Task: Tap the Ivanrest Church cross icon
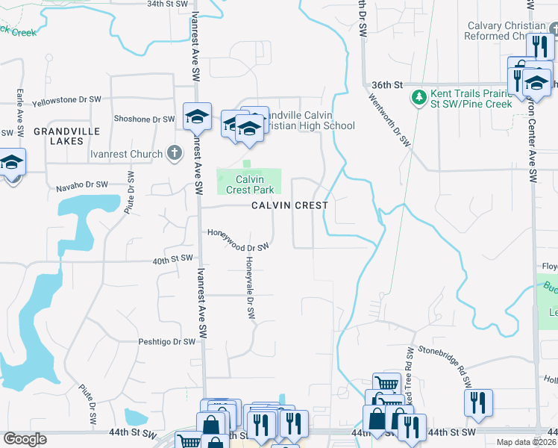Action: point(175,154)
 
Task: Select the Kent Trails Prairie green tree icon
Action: point(418,96)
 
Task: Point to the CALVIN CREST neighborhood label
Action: point(289,205)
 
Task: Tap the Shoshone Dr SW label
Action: point(143,119)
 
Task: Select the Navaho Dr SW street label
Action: point(82,184)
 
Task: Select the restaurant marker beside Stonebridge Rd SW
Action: point(478,402)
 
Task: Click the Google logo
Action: point(25,439)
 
